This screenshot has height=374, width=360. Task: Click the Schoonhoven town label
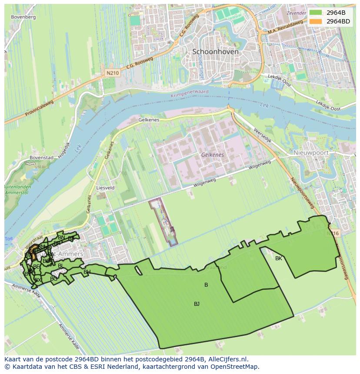(215, 51)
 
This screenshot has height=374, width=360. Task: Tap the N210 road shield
(113, 73)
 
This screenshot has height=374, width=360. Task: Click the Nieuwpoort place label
(310, 153)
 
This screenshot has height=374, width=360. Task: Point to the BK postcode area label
(279, 258)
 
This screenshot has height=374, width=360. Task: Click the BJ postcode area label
(197, 304)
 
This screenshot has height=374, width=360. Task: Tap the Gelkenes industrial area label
(212, 155)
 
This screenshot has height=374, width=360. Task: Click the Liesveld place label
(105, 188)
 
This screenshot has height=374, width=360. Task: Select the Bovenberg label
(23, 17)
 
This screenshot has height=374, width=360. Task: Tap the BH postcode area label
(87, 272)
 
